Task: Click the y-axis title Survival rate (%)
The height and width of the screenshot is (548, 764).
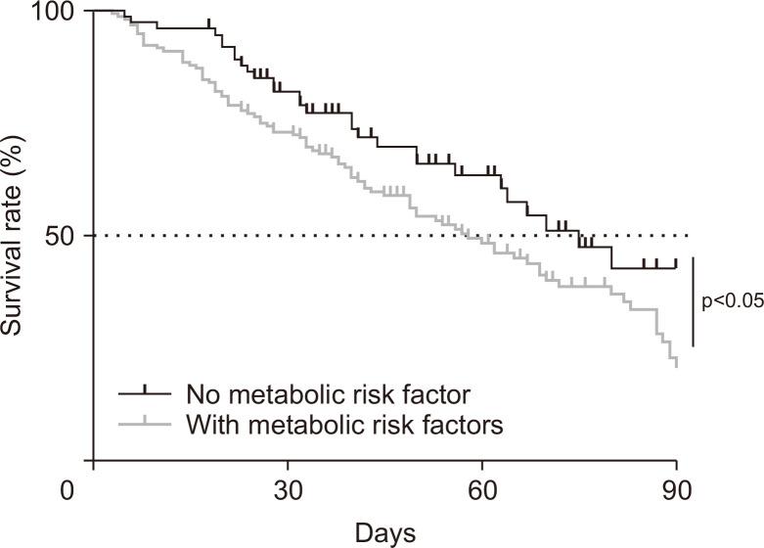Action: point(14,236)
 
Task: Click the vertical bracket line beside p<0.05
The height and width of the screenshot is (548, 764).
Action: point(693,301)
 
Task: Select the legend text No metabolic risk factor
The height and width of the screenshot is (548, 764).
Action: point(328,394)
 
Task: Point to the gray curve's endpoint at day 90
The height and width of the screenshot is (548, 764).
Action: point(676,367)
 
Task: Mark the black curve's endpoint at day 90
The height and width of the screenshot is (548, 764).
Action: point(676,267)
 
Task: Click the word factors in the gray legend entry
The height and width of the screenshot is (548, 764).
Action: point(466,426)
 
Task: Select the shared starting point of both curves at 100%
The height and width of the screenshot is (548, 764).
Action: point(93,11)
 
